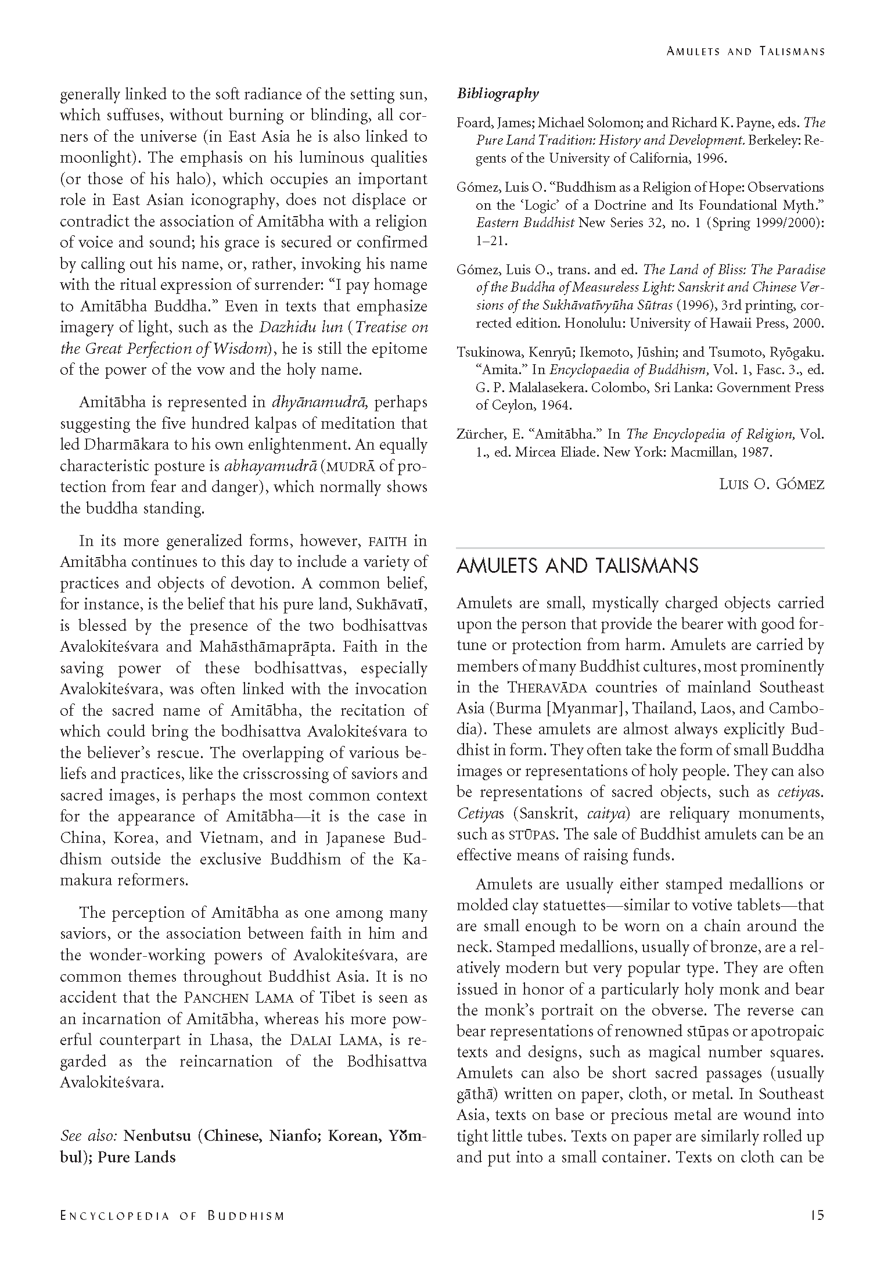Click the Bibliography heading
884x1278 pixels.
pos(498,94)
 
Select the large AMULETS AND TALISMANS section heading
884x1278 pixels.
pos(577,566)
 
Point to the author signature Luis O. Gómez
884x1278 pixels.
pos(771,484)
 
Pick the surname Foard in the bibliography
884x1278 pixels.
pos(472,123)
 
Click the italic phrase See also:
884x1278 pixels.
pos(89,1136)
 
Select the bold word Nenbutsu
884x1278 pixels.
pos(158,1136)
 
